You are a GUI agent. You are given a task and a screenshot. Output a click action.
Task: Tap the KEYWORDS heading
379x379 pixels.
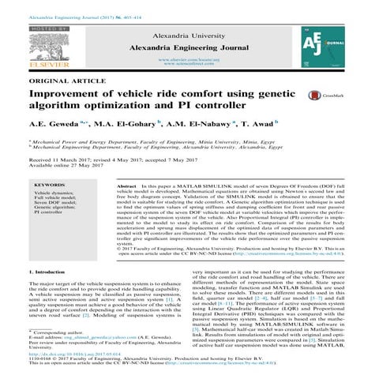point(50,184)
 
